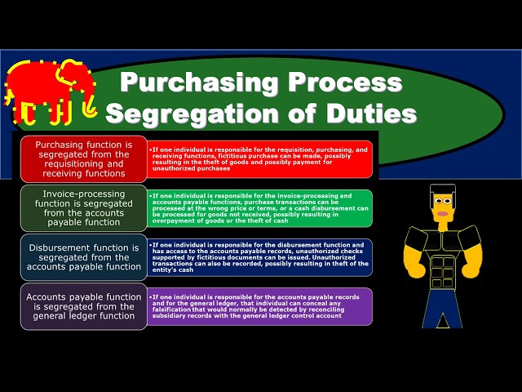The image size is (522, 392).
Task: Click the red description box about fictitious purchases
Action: pos(260,158)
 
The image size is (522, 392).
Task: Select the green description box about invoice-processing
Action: pos(260,207)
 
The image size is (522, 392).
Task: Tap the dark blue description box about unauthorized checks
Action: pos(260,256)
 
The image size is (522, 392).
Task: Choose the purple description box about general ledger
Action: pos(260,306)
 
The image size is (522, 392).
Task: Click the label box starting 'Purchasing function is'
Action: pos(83,158)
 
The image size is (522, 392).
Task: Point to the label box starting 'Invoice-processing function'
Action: pos(83,207)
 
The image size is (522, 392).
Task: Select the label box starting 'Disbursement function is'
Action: pos(83,257)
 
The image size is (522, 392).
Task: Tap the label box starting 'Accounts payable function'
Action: pos(83,305)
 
